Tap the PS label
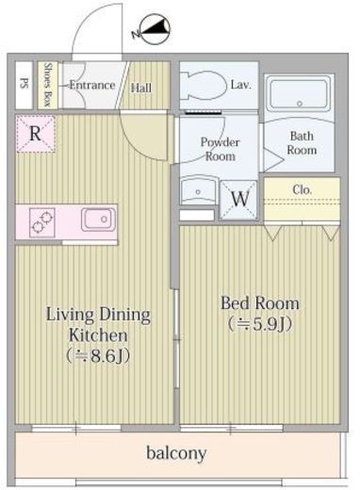point(24,84)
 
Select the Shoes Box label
point(48,85)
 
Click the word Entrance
point(92,85)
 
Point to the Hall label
point(141,88)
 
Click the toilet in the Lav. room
point(204,86)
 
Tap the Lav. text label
point(241,85)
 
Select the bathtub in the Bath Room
point(300,94)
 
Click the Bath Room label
point(302,143)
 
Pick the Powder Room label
point(220,149)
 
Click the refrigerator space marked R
point(36,134)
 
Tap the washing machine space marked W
point(238,199)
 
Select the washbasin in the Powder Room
point(199,190)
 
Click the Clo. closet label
point(302,189)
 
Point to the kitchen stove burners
point(42,222)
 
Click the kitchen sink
point(98,220)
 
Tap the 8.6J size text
point(98,356)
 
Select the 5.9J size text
point(260,324)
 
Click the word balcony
point(176,453)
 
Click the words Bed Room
point(260,303)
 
